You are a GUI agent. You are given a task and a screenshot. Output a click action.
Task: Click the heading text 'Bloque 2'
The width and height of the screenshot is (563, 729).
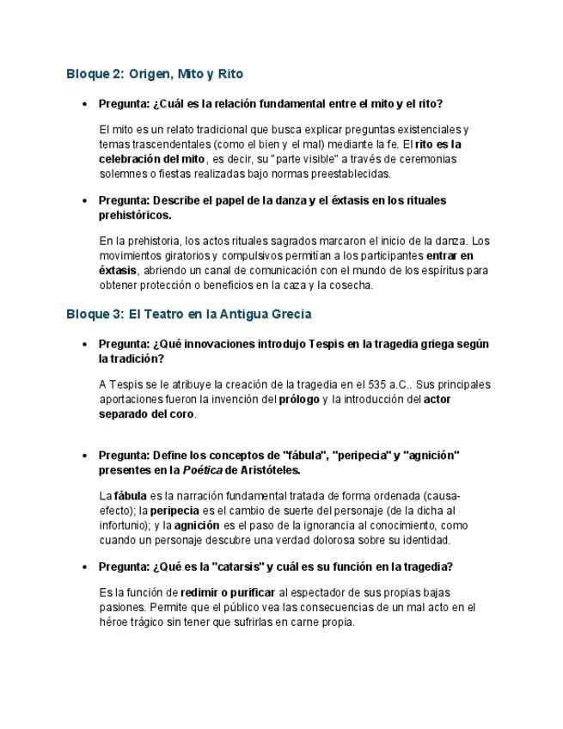pos(95,74)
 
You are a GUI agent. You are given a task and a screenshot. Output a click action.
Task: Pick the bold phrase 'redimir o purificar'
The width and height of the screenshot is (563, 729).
pos(228,592)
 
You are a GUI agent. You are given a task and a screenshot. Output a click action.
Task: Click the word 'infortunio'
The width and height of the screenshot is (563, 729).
pos(125,524)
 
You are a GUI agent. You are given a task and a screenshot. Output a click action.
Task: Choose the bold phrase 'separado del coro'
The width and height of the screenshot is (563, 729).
pos(146,414)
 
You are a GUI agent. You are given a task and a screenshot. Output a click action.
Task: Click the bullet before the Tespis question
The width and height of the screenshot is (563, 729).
pos(83,344)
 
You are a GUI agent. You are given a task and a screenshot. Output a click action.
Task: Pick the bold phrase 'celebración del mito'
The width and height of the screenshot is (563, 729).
pos(152,158)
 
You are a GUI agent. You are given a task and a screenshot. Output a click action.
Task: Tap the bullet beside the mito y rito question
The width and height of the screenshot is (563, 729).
pos(83,104)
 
